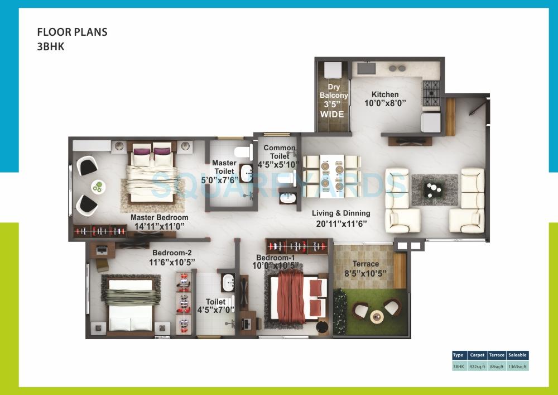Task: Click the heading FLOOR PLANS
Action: point(72,32)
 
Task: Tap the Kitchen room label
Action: point(385,94)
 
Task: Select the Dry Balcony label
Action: point(334,91)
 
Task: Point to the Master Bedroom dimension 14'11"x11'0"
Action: point(159,226)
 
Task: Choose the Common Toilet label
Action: point(280,152)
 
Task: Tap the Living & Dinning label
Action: point(340,213)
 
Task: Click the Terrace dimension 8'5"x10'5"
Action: point(365,273)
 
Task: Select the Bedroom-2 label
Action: point(170,253)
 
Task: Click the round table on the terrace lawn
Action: point(377,316)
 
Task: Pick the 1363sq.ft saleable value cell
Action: point(518,367)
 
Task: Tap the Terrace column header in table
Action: point(497,355)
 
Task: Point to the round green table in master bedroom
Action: point(98,187)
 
